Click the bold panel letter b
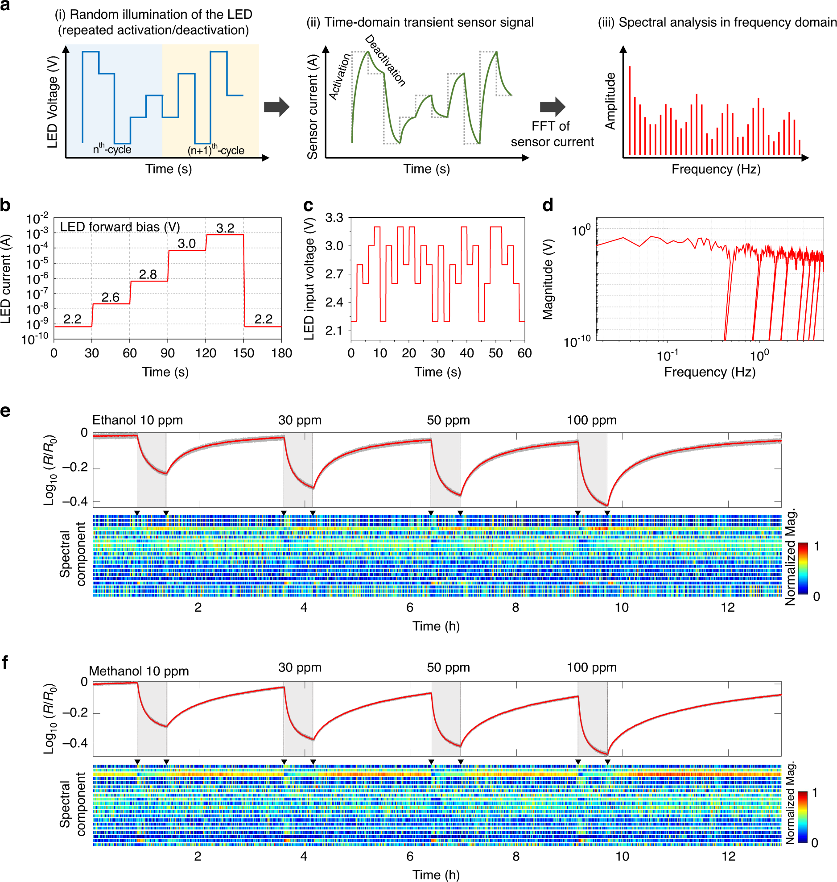[x=5, y=206]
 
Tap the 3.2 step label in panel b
[x=225, y=228]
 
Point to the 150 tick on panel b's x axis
[x=243, y=353]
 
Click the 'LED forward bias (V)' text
[x=120, y=227]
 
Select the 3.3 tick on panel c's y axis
[x=334, y=218]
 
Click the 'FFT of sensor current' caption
[x=552, y=134]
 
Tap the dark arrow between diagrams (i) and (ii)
[x=276, y=107]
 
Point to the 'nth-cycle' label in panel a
[x=112, y=149]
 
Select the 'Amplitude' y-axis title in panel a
[x=610, y=101]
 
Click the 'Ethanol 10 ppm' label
[x=137, y=420]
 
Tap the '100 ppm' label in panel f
[x=592, y=668]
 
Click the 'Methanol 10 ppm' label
[x=139, y=671]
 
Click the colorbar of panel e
[x=803, y=569]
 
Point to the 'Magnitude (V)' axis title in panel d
[x=548, y=279]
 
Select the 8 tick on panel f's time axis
[x=516, y=856]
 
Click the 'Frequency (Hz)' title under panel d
[x=709, y=372]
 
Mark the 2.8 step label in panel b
[x=148, y=274]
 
